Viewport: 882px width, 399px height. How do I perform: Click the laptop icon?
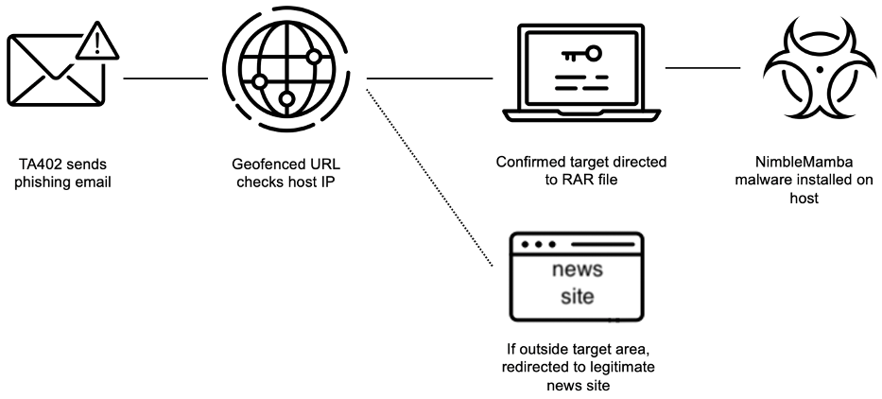pyautogui.click(x=581, y=73)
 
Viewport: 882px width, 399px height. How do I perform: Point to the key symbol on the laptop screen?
pyautogui.click(x=581, y=55)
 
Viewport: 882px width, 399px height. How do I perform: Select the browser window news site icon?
pyautogui.click(x=577, y=277)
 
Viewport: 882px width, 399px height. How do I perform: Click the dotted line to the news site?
pyautogui.click(x=430, y=177)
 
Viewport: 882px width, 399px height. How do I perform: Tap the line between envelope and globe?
pyautogui.click(x=165, y=78)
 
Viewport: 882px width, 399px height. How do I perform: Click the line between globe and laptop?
pyautogui.click(x=430, y=78)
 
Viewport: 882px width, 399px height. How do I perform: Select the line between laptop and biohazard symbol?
pyautogui.click(x=702, y=67)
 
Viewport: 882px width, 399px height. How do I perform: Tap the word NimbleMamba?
pyautogui.click(x=804, y=163)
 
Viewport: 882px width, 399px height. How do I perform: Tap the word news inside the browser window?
pyautogui.click(x=577, y=269)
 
